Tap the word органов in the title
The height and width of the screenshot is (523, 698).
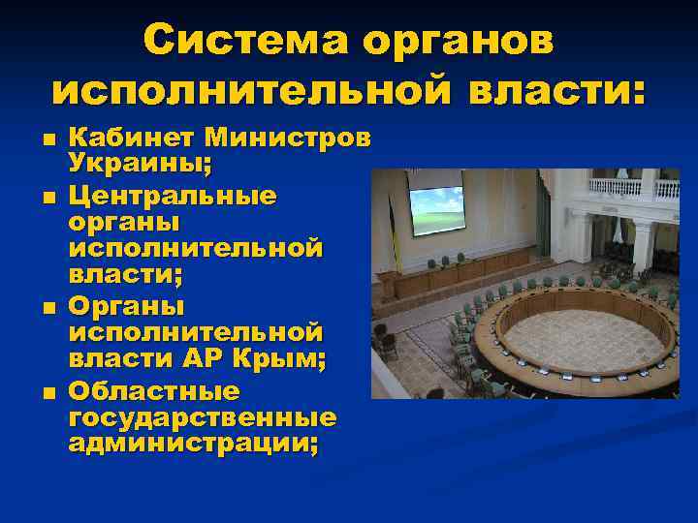460,41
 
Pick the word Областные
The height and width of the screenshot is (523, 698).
154,392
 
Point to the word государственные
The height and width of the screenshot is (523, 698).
203,418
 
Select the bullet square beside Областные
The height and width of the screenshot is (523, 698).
48,393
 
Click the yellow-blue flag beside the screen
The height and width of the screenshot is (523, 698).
393,218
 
